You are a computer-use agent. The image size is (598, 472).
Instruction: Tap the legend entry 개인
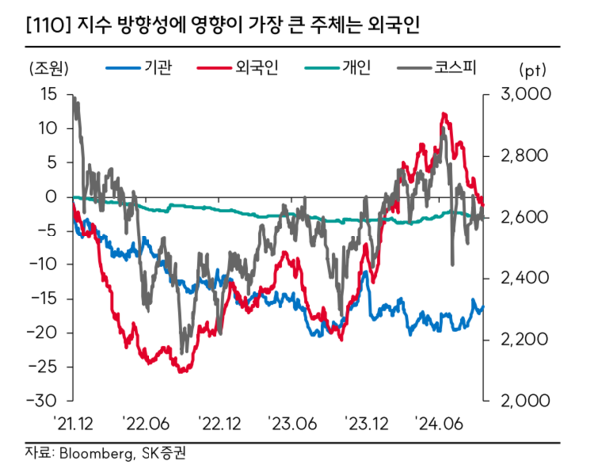(356, 68)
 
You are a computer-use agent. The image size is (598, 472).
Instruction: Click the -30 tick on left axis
(46, 400)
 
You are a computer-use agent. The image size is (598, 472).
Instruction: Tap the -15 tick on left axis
(46, 298)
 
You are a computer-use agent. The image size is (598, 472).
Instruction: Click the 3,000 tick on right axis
(515, 94)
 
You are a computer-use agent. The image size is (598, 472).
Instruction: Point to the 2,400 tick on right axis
(515, 278)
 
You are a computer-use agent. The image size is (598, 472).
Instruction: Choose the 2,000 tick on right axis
(515, 400)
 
